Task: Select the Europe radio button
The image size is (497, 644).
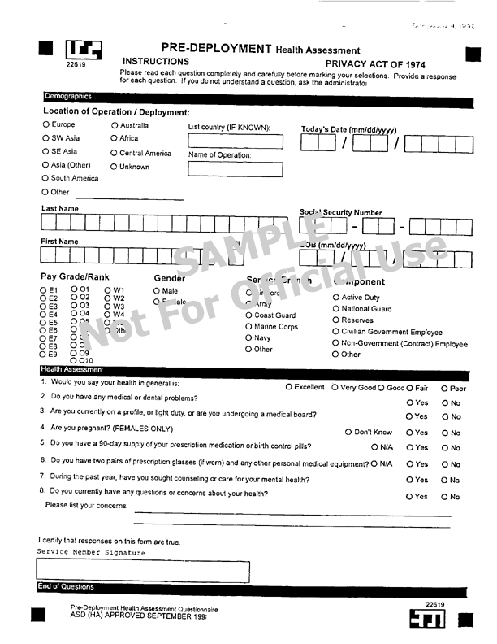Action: pyautogui.click(x=46, y=125)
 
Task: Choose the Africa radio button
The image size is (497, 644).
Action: pyautogui.click(x=115, y=139)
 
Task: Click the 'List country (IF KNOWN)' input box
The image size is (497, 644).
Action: pyautogui.click(x=236, y=141)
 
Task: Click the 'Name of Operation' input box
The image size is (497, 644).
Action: pyautogui.click(x=236, y=170)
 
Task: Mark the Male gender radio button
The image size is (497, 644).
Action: pyautogui.click(x=157, y=291)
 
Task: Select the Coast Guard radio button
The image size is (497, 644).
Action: pyautogui.click(x=249, y=315)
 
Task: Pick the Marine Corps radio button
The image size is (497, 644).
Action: pyautogui.click(x=249, y=327)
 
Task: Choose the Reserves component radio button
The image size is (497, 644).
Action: pyautogui.click(x=335, y=320)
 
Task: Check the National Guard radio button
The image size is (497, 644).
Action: pyautogui.click(x=335, y=309)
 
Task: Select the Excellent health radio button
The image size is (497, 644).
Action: pyautogui.click(x=289, y=388)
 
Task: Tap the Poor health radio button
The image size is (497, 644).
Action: pyautogui.click(x=444, y=389)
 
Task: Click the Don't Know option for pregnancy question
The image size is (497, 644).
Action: pyautogui.click(x=348, y=433)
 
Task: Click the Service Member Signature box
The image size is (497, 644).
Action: pyautogui.click(x=143, y=571)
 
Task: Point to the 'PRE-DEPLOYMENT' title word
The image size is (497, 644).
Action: pyautogui.click(x=216, y=49)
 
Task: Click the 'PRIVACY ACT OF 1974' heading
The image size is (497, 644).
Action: pyautogui.click(x=375, y=64)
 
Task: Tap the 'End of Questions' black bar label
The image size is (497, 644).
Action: pyautogui.click(x=66, y=587)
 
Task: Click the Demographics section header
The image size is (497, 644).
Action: pyautogui.click(x=68, y=97)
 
